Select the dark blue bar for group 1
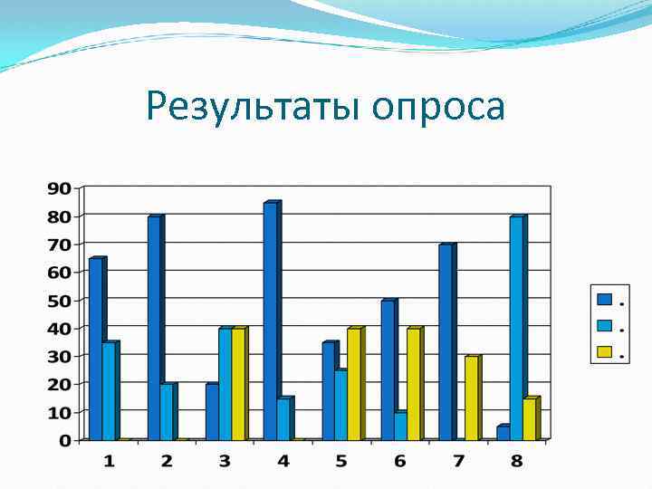(x=96, y=349)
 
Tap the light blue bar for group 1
(x=109, y=390)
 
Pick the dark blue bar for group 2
(x=154, y=328)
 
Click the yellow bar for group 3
(x=238, y=384)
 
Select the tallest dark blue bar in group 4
(x=270, y=321)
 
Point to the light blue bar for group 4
(x=283, y=418)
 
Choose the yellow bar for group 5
(x=354, y=384)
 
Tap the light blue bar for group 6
(x=400, y=426)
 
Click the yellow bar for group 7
(x=470, y=398)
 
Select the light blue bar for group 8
(x=516, y=328)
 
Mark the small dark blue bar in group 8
(x=503, y=433)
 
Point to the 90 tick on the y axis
(x=59, y=188)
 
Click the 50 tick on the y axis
(x=59, y=300)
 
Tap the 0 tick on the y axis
(x=65, y=440)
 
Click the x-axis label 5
(x=341, y=461)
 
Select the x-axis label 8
(x=516, y=461)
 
